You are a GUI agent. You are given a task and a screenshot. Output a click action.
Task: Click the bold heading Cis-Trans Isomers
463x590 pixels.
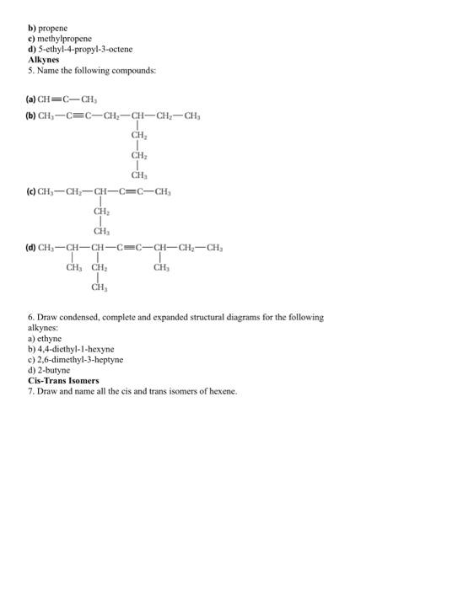[x=63, y=381]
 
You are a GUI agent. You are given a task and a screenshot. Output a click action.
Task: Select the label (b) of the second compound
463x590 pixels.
[x=33, y=116]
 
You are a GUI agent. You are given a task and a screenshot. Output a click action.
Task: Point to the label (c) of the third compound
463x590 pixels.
[x=33, y=193]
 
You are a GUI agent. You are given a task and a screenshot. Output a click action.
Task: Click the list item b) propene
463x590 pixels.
[x=49, y=28]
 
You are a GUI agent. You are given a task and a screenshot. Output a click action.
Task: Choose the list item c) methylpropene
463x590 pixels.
[x=61, y=39]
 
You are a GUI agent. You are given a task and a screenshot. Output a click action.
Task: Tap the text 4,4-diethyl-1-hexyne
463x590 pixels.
[x=77, y=348]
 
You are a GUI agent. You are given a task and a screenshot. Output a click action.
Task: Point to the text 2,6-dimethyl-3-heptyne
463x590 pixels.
[x=81, y=359]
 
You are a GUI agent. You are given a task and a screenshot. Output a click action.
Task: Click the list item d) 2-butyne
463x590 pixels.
[x=50, y=370]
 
